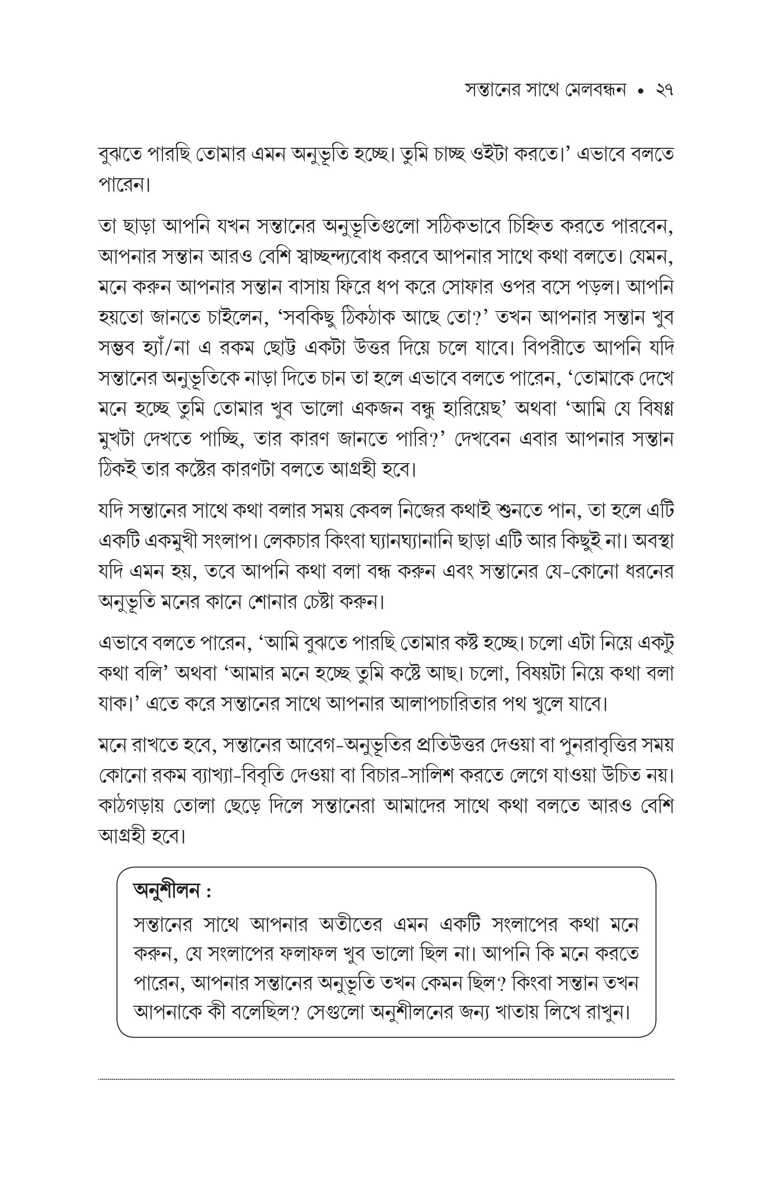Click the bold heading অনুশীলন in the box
pos(167,891)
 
